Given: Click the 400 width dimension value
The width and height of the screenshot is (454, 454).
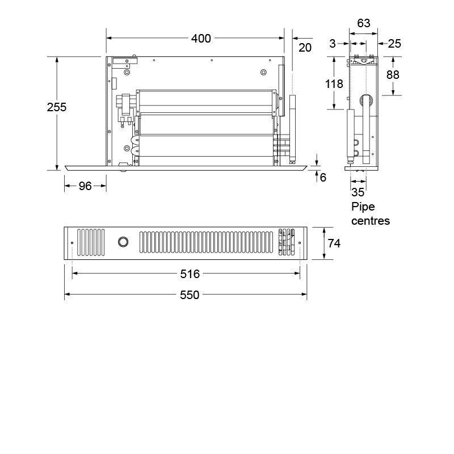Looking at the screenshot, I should coord(201,39).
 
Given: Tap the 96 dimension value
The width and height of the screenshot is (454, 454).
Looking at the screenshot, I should coord(85,186).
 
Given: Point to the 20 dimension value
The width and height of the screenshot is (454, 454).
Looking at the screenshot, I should coord(305,48).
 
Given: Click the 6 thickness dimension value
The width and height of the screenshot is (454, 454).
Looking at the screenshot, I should coord(323,177).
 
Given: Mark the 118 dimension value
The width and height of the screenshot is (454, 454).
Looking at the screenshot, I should coord(335,84).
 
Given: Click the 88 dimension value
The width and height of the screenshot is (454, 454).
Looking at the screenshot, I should coord(393,75).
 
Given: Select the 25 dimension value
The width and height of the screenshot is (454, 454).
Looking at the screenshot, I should coord(395,43).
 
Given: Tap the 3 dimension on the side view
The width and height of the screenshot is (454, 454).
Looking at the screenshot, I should coord(332,43).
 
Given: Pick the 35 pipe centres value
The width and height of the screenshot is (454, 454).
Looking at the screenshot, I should coord(358,192).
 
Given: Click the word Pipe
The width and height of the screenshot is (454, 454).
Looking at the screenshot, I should coord(363,207).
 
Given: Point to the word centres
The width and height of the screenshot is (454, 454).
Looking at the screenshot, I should coord(371,221).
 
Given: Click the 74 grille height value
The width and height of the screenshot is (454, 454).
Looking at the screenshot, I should coord(334,243).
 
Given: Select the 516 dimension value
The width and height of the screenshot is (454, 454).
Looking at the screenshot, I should coord(190,274).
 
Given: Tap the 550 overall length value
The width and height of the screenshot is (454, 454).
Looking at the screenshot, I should coord(190,295).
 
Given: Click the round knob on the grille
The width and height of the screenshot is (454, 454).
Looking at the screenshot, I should coord(122,243).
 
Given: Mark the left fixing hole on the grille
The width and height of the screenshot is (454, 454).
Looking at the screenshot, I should coord(72,243).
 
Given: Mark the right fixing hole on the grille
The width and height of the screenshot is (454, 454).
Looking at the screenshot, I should coord(300,243).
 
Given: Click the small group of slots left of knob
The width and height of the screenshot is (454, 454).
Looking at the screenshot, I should coord(91,243).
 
